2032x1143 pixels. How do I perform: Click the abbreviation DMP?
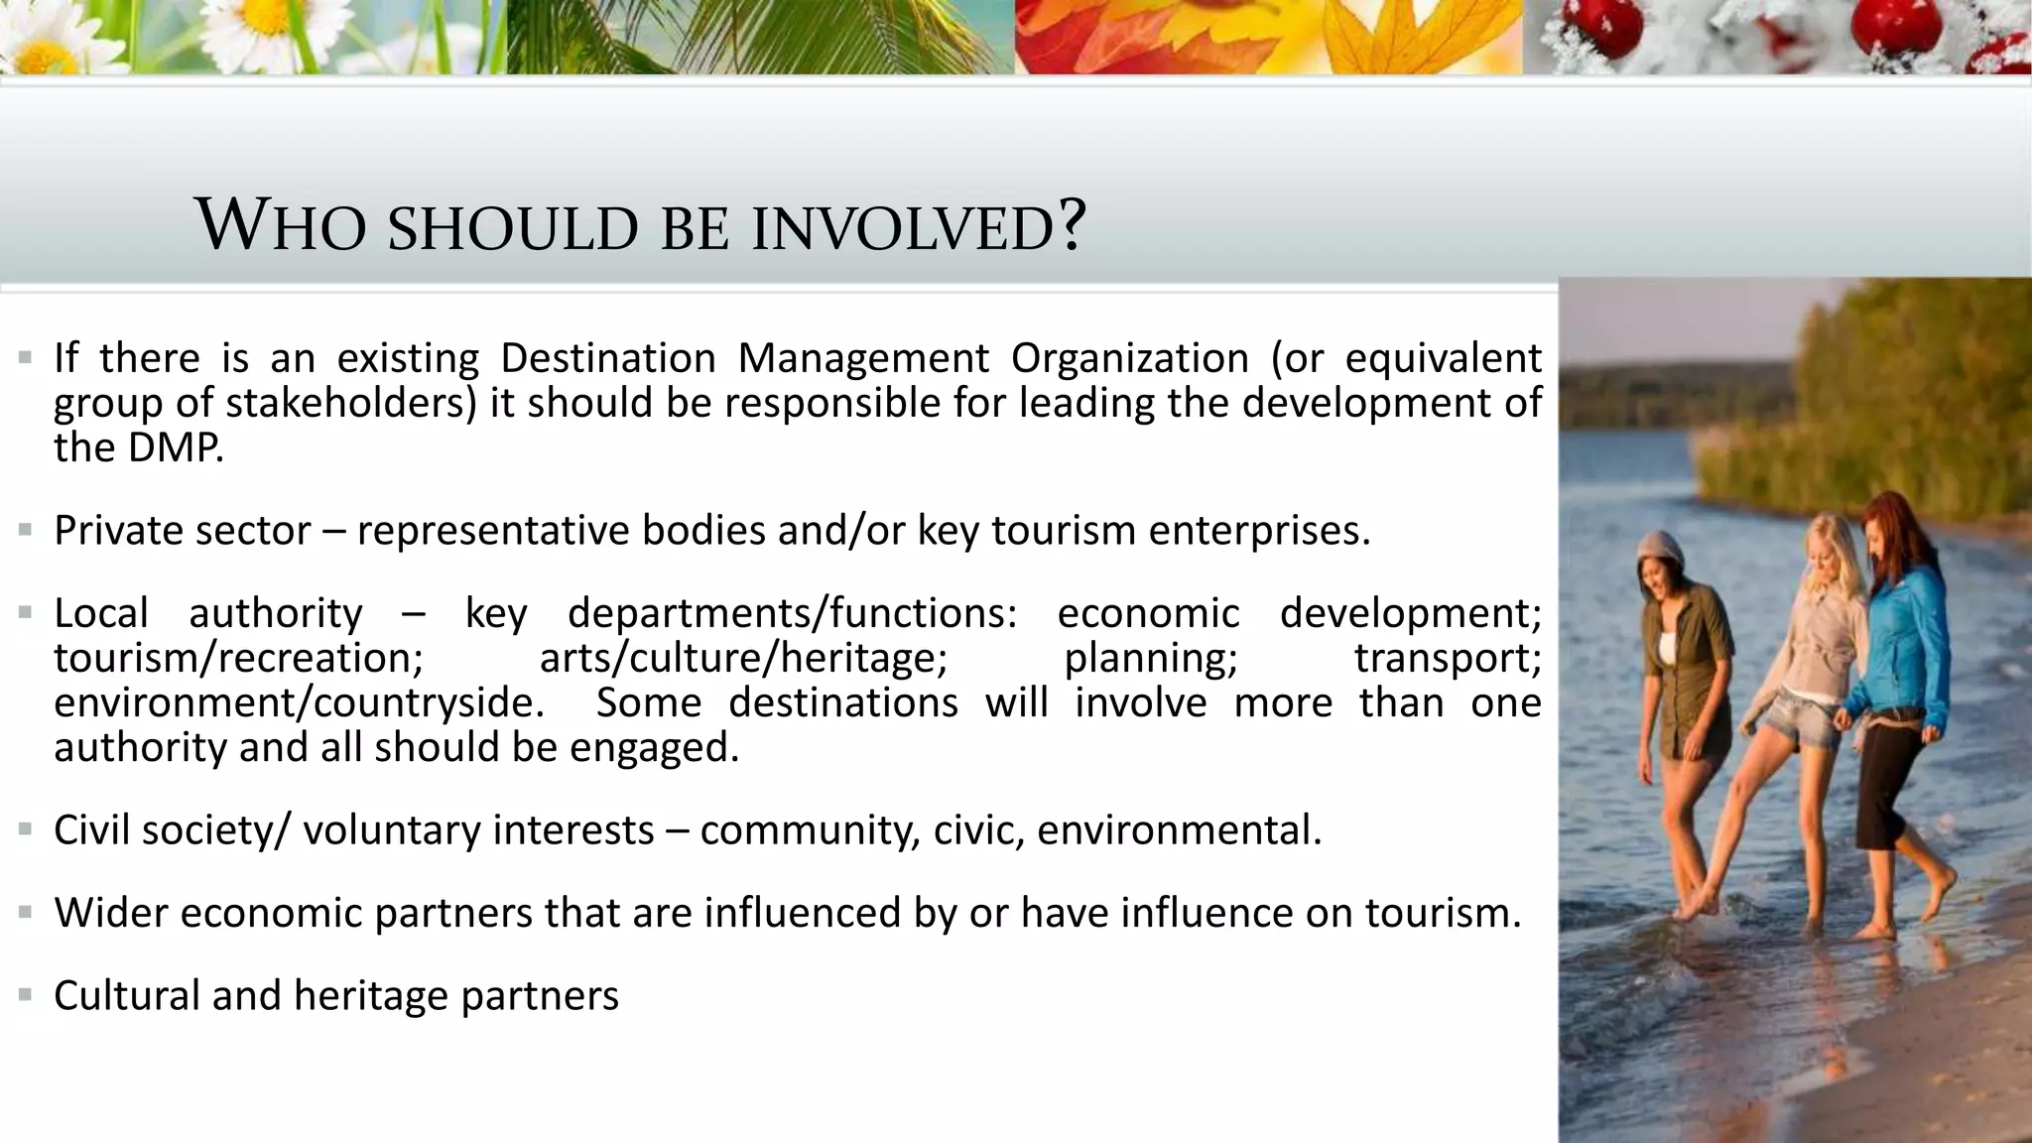pyautogui.click(x=176, y=448)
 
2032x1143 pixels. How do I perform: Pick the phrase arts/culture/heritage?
pyautogui.click(x=743, y=659)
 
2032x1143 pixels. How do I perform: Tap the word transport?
pyautogui.click(x=1448, y=659)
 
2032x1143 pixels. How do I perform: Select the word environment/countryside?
pyautogui.click(x=299, y=703)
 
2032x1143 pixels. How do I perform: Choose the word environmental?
pyautogui.click(x=1179, y=830)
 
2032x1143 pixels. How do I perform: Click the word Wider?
pyautogui.click(x=110, y=913)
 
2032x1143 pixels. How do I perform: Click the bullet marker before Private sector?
pyautogui.click(x=25, y=530)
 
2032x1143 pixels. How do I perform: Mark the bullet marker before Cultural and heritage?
pyautogui.click(x=25, y=994)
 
